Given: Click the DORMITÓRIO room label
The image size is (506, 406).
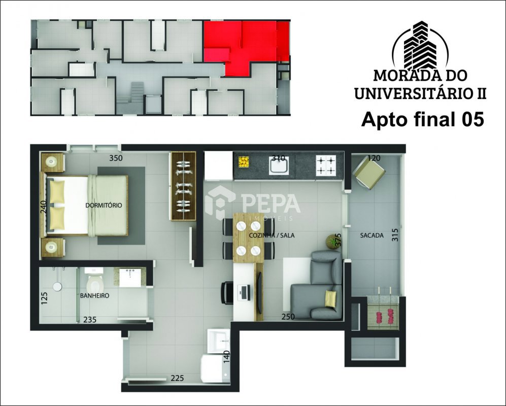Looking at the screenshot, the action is pyautogui.click(x=104, y=205).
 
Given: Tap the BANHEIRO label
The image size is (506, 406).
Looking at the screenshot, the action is pyautogui.click(x=94, y=295).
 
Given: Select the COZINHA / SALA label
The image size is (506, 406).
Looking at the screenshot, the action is pyautogui.click(x=272, y=235).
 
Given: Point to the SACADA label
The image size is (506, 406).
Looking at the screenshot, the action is pyautogui.click(x=372, y=235).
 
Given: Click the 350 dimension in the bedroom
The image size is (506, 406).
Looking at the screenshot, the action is pyautogui.click(x=116, y=158).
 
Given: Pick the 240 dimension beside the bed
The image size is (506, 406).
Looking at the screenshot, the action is pyautogui.click(x=44, y=208).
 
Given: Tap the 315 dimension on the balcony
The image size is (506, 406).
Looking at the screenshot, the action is pyautogui.click(x=396, y=235).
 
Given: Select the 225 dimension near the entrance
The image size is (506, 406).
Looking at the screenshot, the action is pyautogui.click(x=178, y=378).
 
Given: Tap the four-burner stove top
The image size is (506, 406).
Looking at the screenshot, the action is pyautogui.click(x=326, y=165).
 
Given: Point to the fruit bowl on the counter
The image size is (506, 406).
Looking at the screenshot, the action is pyautogui.click(x=244, y=162).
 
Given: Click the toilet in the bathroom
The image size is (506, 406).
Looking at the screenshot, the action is pyautogui.click(x=94, y=280).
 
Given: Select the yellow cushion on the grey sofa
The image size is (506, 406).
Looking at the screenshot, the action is pyautogui.click(x=330, y=298).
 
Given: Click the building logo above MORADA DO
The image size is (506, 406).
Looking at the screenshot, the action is pyautogui.click(x=420, y=45).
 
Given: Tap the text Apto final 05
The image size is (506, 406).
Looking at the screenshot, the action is pyautogui.click(x=422, y=120).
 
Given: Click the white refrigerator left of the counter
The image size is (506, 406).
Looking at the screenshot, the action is pyautogui.click(x=218, y=166).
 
